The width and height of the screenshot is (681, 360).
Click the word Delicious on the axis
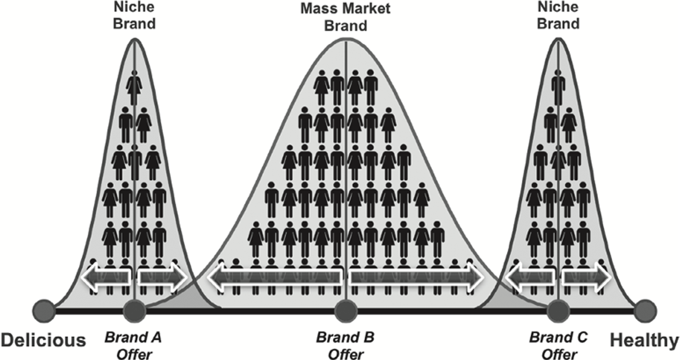point(43,340)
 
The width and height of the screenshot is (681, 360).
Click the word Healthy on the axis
point(644,340)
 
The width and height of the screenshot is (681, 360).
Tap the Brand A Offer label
point(133,346)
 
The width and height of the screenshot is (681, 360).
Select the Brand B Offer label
point(345,346)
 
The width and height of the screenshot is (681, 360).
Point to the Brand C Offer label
point(558,346)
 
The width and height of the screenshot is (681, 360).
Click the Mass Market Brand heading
point(345,17)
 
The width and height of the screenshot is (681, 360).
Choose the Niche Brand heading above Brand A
point(134,16)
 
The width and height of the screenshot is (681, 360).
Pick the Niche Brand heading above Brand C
point(558,16)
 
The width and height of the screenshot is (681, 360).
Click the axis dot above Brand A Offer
point(135,311)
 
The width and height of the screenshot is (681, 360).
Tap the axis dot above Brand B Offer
point(346,311)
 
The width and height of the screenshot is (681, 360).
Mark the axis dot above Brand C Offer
point(558,311)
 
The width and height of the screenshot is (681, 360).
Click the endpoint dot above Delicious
point(44,311)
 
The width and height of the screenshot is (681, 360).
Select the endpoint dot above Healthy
point(645,311)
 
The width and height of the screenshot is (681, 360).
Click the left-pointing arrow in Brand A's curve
point(106,277)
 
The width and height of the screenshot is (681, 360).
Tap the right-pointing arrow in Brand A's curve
point(163,277)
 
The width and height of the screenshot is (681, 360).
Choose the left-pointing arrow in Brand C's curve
point(530,277)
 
